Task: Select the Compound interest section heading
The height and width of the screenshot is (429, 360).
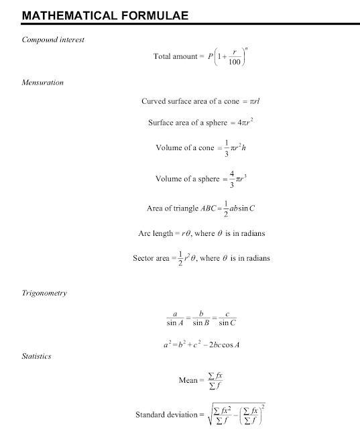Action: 54,40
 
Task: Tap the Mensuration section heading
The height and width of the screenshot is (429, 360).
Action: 43,83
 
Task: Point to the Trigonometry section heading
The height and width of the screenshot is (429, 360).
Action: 44,293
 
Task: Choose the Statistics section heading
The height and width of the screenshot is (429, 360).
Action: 37,356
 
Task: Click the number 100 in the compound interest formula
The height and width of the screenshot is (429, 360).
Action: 235,62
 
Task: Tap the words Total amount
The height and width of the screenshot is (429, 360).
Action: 175,56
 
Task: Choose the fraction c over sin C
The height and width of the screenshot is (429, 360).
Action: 228,318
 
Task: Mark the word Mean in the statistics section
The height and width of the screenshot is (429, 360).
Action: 188,380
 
